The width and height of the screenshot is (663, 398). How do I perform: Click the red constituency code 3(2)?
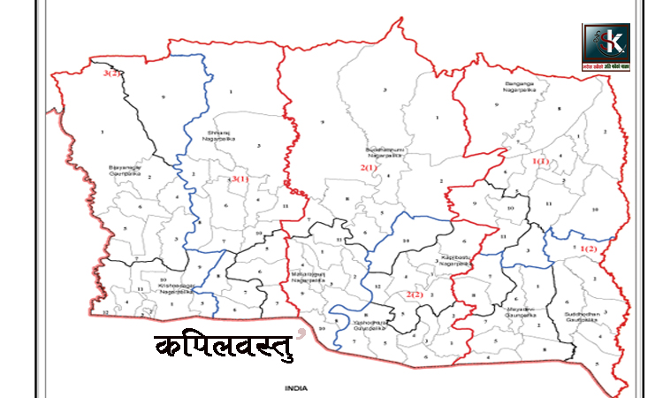point(111,73)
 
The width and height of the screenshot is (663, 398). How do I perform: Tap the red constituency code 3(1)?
point(240,180)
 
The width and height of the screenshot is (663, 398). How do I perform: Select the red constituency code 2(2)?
point(414,294)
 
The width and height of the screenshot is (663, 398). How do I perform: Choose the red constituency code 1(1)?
point(541,162)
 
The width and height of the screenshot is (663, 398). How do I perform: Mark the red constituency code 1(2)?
point(589,249)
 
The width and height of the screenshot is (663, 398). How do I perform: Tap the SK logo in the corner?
point(606,42)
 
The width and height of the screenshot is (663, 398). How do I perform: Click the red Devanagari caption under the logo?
point(606,66)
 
